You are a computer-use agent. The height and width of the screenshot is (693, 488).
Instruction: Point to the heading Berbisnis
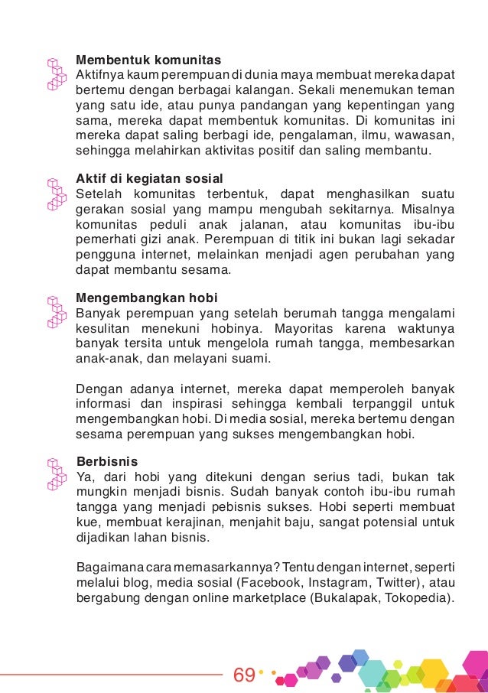click(107, 461)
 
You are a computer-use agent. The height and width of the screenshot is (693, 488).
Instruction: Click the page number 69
click(244, 675)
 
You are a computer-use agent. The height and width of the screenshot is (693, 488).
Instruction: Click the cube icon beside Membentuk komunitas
click(54, 73)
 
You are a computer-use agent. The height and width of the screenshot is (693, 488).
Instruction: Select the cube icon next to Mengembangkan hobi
click(54, 311)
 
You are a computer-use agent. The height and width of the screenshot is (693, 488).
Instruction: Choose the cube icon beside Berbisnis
click(54, 475)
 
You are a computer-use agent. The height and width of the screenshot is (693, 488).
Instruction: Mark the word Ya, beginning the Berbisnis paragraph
click(85, 477)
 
